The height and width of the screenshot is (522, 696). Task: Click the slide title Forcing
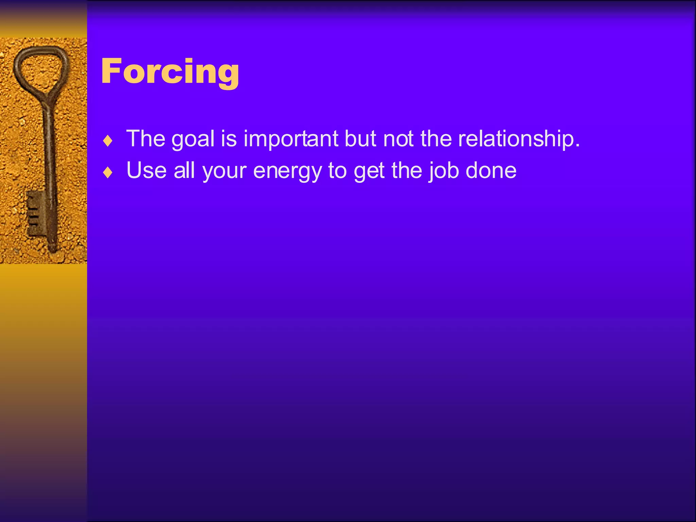[x=170, y=71]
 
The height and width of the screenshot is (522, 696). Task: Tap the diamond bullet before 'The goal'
[x=108, y=141]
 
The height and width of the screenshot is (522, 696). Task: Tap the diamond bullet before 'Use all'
[x=108, y=172]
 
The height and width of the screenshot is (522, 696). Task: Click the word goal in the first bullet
[x=193, y=139]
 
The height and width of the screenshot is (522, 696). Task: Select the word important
[x=291, y=139]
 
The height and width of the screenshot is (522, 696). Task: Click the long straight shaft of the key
[x=49, y=153]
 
